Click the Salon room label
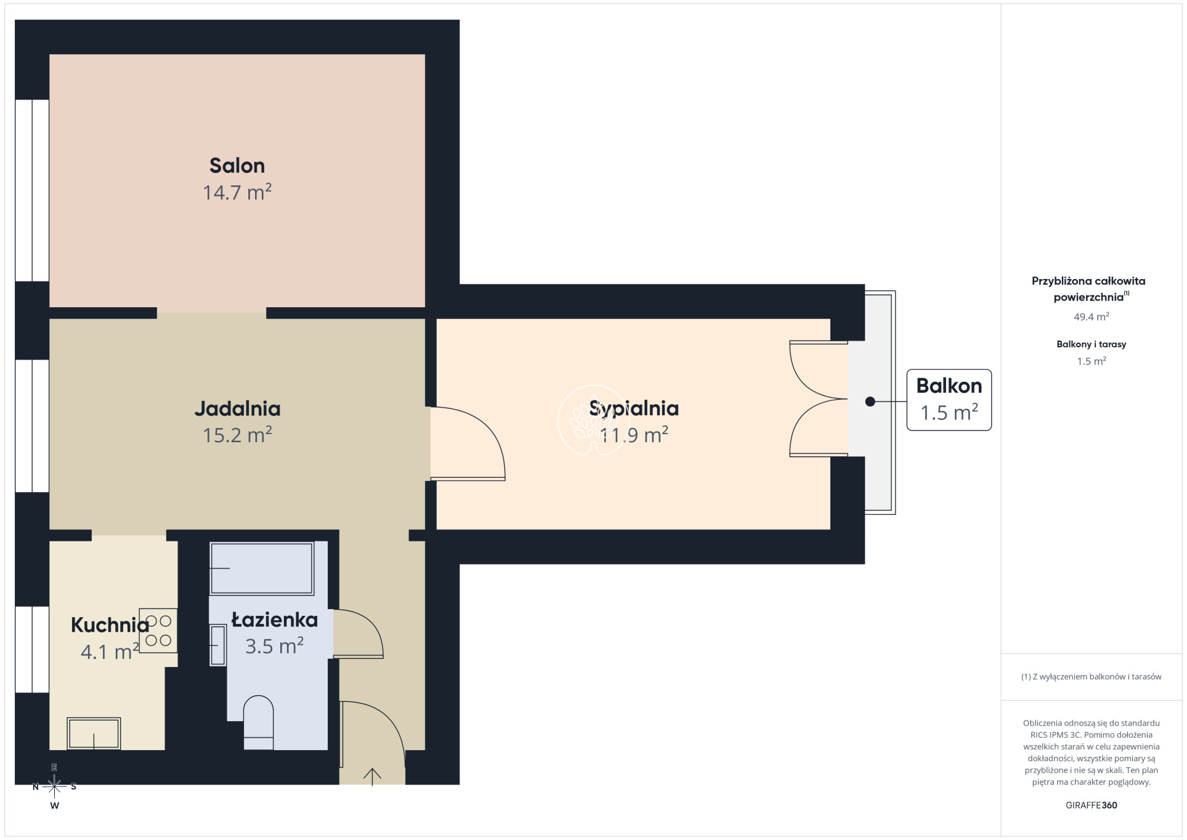[237, 166]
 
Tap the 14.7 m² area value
[237, 193]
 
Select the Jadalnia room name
[237, 408]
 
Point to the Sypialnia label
[634, 408]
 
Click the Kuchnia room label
[110, 625]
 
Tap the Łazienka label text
[275, 620]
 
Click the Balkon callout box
[949, 400]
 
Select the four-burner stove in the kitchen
[158, 631]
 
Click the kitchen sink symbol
[94, 733]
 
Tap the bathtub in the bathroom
[262, 568]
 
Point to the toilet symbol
[259, 722]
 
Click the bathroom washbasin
[218, 645]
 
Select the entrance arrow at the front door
[372, 777]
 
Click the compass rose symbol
[54, 786]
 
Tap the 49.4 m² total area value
[1091, 317]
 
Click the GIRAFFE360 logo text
[1091, 805]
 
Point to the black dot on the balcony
[870, 402]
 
